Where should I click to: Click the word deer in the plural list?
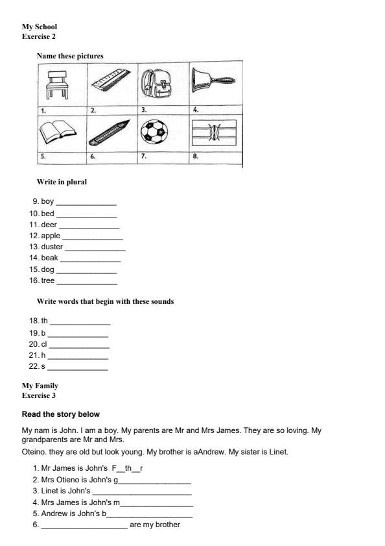pyautogui.click(x=49, y=225)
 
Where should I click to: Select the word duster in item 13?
pyautogui.click(x=52, y=247)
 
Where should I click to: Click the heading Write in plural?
pyautogui.click(x=62, y=182)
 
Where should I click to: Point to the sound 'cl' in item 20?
pyautogui.click(x=44, y=344)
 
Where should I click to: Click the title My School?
pyautogui.click(x=40, y=27)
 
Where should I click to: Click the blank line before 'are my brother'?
pyautogui.click(x=84, y=525)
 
